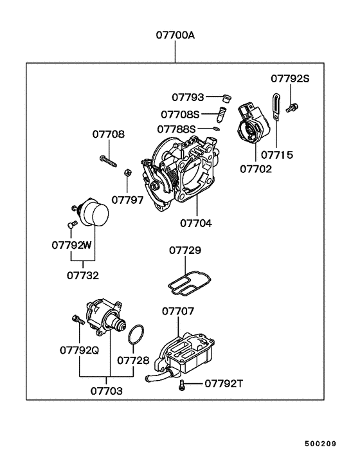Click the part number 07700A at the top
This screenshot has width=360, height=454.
pos(175,35)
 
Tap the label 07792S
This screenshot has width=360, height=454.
pos(290,78)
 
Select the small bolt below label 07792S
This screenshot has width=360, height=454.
pos(292,107)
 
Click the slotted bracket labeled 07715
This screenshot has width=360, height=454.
pos(276,107)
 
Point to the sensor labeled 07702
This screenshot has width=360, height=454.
pos(253,123)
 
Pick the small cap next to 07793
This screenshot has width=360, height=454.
pos(227,98)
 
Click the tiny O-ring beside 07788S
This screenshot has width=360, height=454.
pos(216,129)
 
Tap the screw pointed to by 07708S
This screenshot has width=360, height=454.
pos(221,114)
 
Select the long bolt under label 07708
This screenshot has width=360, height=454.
pos(108,161)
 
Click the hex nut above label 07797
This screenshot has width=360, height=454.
pos(127,173)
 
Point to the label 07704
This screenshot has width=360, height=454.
pos(196,223)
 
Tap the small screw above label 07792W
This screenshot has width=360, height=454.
pos(72,224)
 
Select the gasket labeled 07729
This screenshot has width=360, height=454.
pos(190,283)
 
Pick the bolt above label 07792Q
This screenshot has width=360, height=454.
pos(78,320)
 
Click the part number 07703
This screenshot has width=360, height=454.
pos(107,391)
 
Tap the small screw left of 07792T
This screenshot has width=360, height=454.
pos(182,385)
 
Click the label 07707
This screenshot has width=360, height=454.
pos(178,311)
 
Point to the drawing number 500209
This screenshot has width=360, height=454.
pos(320,443)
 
